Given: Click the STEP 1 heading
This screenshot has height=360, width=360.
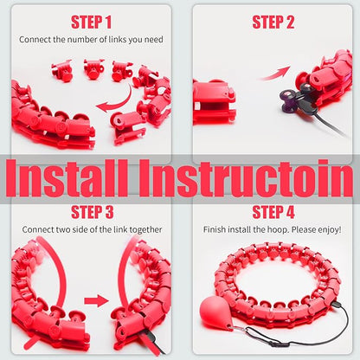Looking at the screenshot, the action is [91, 22].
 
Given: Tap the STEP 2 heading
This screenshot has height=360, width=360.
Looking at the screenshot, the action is [273, 22].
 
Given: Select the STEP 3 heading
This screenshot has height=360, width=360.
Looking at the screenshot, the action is [93, 212].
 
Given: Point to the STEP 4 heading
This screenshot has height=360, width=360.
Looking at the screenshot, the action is [273, 212].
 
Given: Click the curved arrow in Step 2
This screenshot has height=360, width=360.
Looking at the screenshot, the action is [275, 74].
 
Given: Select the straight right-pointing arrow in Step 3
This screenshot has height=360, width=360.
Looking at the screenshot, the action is [96, 301].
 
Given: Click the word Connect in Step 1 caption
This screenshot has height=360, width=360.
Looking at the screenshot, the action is [35, 40].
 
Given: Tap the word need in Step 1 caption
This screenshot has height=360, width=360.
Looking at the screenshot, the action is [154, 40].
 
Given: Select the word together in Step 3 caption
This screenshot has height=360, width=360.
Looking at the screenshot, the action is [145, 230].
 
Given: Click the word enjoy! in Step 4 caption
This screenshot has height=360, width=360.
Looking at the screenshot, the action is [330, 230].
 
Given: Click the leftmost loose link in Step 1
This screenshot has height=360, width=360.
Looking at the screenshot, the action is [62, 70].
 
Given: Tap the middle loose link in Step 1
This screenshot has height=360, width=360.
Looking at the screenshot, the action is [93, 69].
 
